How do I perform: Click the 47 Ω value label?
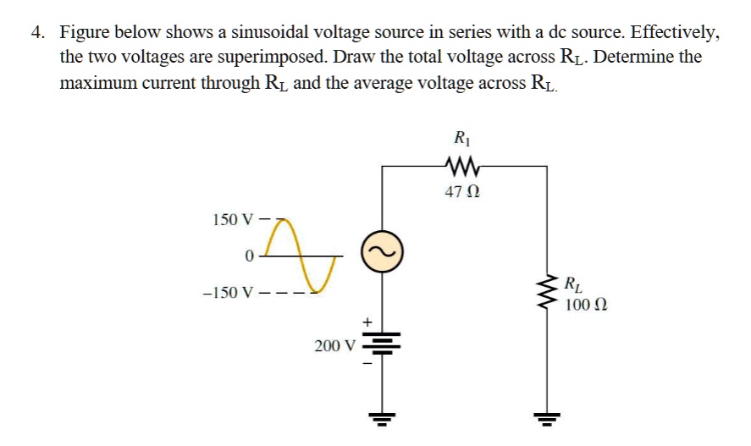coord(462,193)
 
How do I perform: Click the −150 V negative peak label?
coord(224,293)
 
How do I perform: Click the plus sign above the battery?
coord(367,322)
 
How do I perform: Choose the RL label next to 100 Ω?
coord(573,284)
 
